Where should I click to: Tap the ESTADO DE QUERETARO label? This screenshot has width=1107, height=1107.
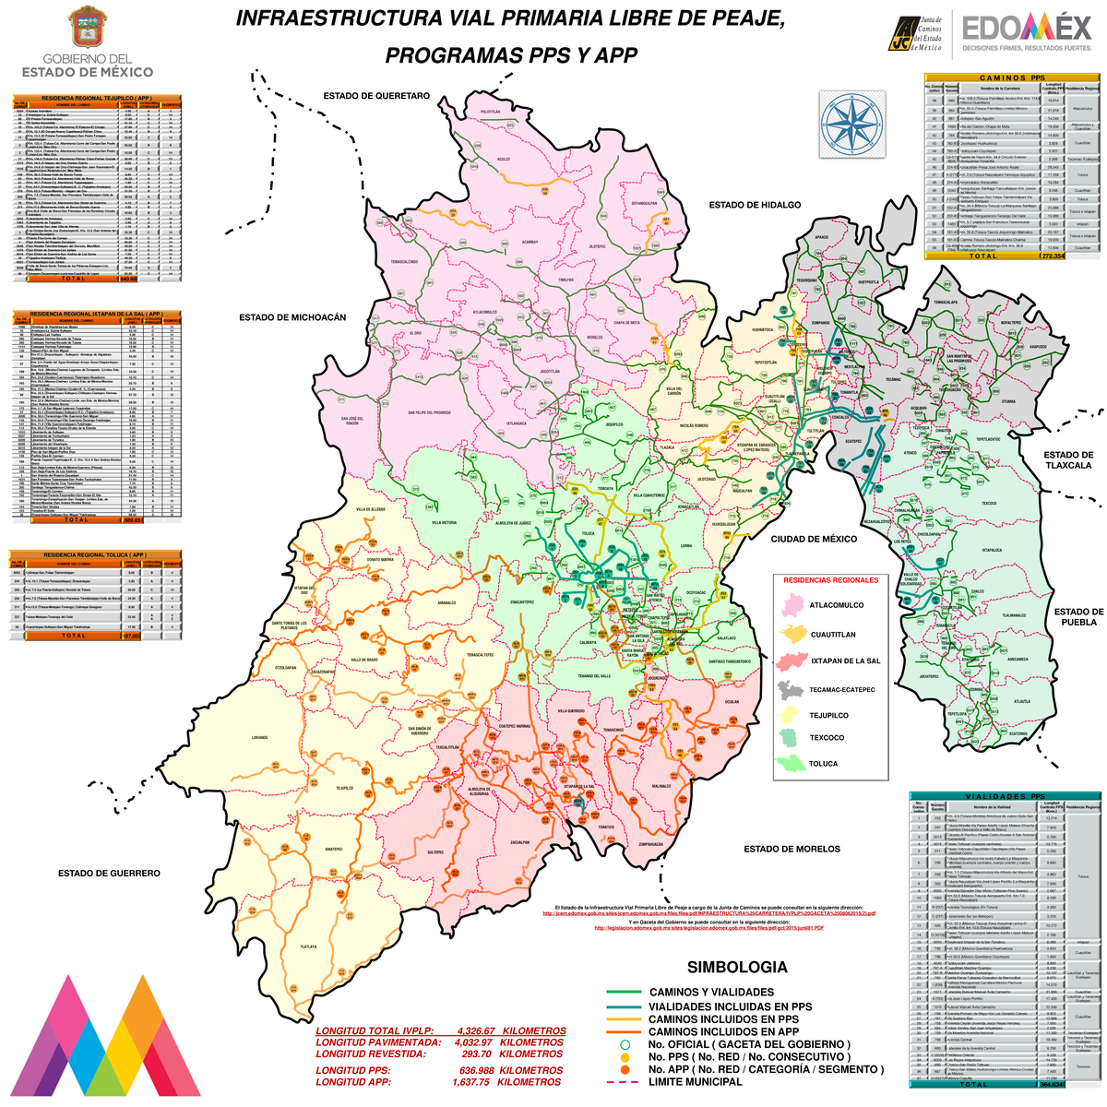(375, 96)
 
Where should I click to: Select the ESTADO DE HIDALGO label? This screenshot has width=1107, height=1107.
(755, 205)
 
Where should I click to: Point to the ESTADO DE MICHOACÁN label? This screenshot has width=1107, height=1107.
(292, 317)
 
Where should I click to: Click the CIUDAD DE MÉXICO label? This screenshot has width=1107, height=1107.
(814, 539)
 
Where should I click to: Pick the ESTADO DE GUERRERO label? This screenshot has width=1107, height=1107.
(109, 873)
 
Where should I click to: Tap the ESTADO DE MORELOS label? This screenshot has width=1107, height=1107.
(792, 849)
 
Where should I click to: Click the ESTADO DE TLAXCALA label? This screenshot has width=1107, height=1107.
(1067, 460)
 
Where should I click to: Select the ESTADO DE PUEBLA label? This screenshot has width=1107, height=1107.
(1078, 616)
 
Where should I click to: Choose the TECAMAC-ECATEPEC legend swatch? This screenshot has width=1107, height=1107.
(792, 688)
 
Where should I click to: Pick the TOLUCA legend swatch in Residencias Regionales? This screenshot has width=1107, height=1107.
(792, 763)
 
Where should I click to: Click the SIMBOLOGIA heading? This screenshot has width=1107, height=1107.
(737, 967)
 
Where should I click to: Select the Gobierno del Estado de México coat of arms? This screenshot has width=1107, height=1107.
(88, 28)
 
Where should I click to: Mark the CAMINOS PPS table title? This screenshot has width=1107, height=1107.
(1012, 78)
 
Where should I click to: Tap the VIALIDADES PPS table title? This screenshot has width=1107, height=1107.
(1005, 796)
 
